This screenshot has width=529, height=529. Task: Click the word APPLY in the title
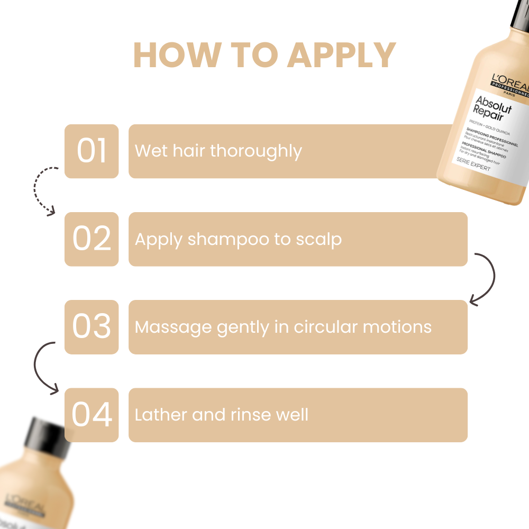(x=342, y=54)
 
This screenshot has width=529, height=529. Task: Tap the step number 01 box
(x=92, y=151)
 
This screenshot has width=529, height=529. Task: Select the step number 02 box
(x=92, y=239)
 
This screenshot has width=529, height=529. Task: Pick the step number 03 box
(x=92, y=327)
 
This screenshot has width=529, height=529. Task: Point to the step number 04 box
(x=92, y=415)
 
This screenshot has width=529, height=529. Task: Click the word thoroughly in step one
(x=256, y=152)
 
